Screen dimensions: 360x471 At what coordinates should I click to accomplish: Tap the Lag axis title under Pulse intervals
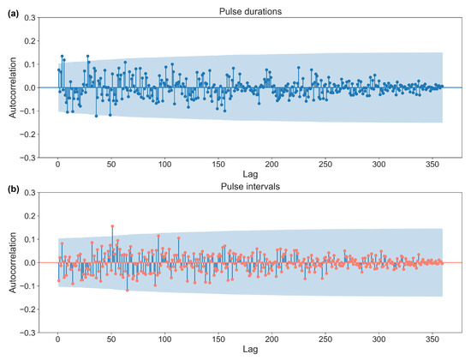[x=250, y=350]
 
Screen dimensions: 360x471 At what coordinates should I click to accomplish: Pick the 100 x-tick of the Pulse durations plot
[x=164, y=164]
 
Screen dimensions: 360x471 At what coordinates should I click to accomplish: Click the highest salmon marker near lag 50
[x=112, y=226]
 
